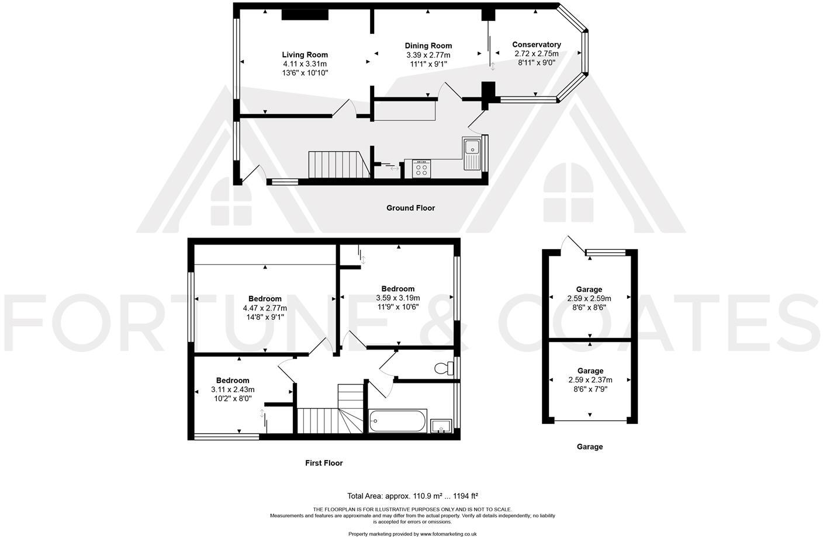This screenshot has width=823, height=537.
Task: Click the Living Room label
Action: pyautogui.click(x=305, y=55)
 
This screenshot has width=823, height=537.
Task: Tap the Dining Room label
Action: pyautogui.click(x=428, y=46)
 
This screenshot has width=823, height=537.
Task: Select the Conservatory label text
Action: pyautogui.click(x=536, y=44)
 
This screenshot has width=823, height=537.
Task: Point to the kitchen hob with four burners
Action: pyautogui.click(x=421, y=169)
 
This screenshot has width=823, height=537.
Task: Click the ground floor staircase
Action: pyautogui.click(x=338, y=165)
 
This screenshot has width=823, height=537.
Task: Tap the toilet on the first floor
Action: pyautogui.click(x=444, y=368)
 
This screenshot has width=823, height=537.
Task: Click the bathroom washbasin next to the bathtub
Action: pyautogui.click(x=440, y=426)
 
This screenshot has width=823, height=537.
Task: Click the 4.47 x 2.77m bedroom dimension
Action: pyautogui.click(x=265, y=308)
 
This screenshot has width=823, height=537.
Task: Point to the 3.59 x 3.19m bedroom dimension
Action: pyautogui.click(x=397, y=298)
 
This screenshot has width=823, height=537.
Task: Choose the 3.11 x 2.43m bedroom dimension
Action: pyautogui.click(x=233, y=390)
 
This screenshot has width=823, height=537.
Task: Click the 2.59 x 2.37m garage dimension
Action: pyautogui.click(x=590, y=380)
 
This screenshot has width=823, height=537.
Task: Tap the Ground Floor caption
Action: pyautogui.click(x=410, y=208)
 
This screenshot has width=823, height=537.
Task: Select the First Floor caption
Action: pyautogui.click(x=324, y=463)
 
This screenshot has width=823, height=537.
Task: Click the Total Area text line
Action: pyautogui.click(x=412, y=496)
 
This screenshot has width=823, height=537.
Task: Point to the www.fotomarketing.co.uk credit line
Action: pyautogui.click(x=412, y=533)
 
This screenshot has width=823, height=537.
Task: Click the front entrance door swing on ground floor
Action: pyautogui.click(x=253, y=173)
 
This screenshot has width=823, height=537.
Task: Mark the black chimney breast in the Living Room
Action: pyautogui.click(x=305, y=15)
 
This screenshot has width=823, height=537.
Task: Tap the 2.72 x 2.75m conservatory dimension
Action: pyautogui.click(x=536, y=54)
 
